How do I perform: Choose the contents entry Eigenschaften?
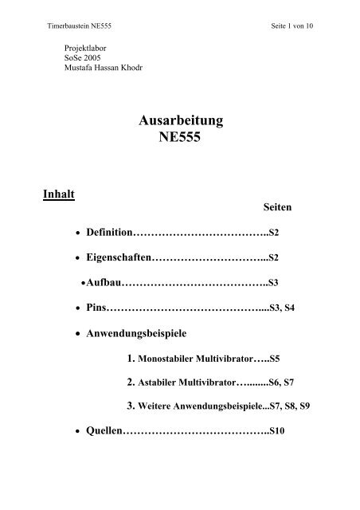[119, 257]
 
